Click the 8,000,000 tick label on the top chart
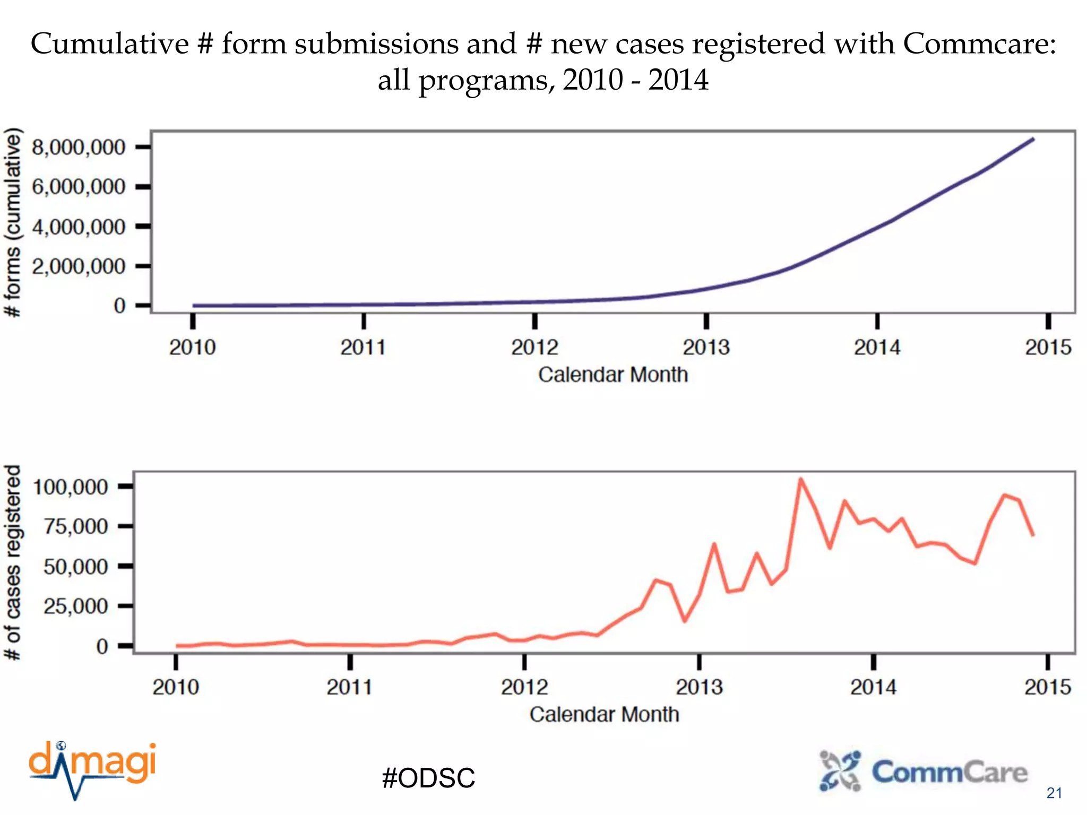pyautogui.click(x=79, y=147)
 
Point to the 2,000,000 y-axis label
pyautogui.click(x=79, y=266)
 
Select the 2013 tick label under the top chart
pyautogui.click(x=706, y=348)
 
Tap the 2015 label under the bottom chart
pyautogui.click(x=1048, y=687)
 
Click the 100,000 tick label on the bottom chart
pyautogui.click(x=71, y=487)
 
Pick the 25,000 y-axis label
pyautogui.click(x=75, y=606)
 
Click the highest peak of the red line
pyautogui.click(x=801, y=479)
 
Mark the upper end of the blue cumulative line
pyautogui.click(x=1033, y=139)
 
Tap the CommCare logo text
pyautogui.click(x=950, y=772)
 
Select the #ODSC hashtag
pyautogui.click(x=428, y=778)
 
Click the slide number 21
pyautogui.click(x=1054, y=793)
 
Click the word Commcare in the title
pyautogui.click(x=979, y=44)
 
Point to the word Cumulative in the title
pyautogui.click(x=109, y=44)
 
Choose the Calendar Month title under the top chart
pyautogui.click(x=612, y=375)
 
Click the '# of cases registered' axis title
pyautogui.click(x=13, y=562)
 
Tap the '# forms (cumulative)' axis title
pyautogui.click(x=13, y=223)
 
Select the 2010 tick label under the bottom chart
pyautogui.click(x=176, y=687)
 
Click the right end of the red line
pyautogui.click(x=1033, y=535)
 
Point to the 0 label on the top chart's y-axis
pyautogui.click(x=119, y=306)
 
